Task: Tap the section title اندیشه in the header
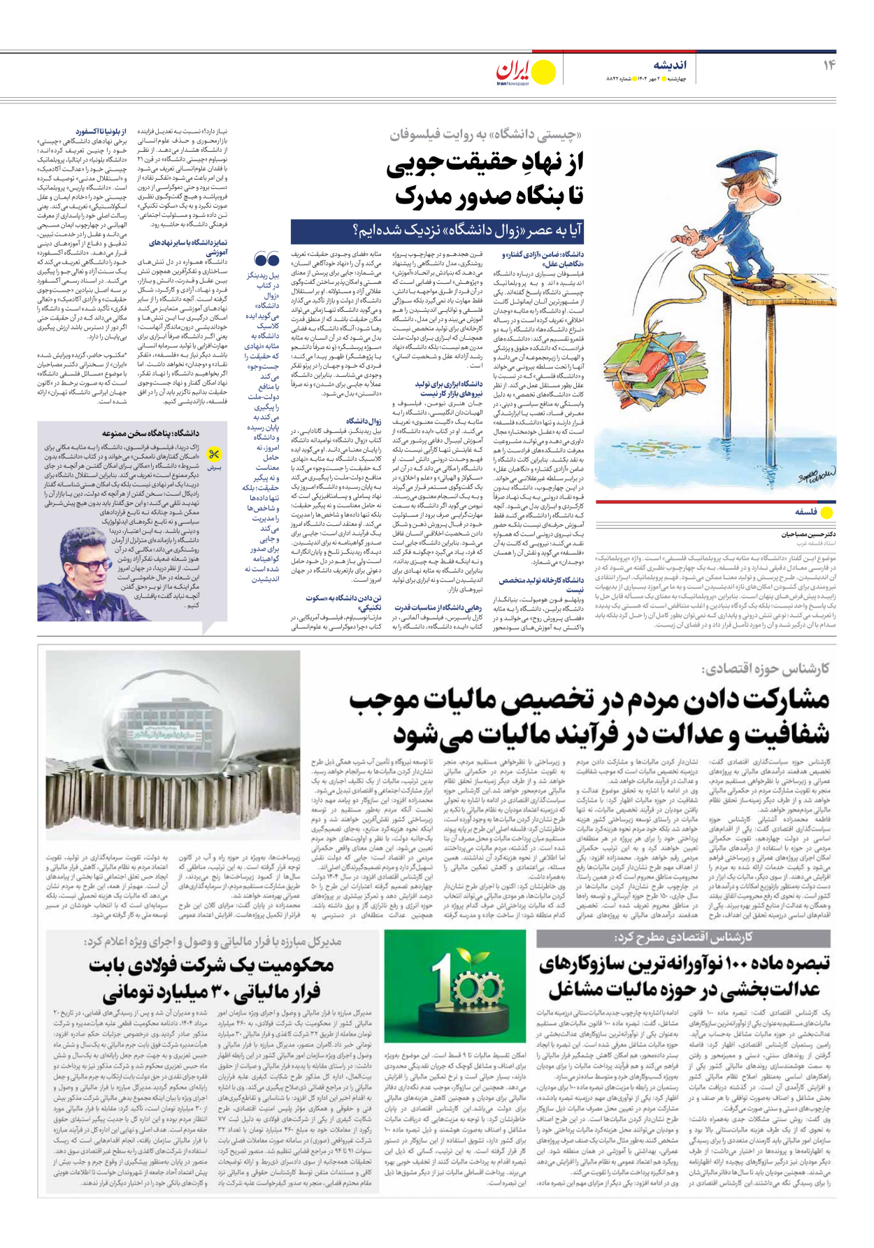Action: pos(669,65)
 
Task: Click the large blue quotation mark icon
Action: pos(267,261)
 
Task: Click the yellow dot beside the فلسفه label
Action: pos(827,512)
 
